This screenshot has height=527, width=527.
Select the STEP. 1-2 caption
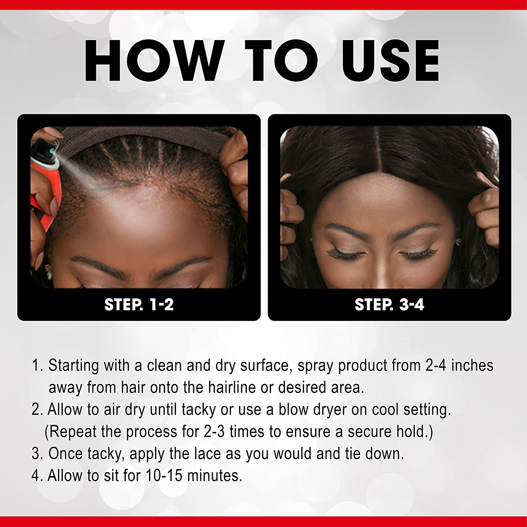(139, 304)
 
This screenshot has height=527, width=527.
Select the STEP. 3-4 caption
(389, 304)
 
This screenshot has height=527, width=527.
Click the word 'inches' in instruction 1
(472, 365)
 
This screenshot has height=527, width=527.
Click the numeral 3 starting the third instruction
(36, 454)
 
